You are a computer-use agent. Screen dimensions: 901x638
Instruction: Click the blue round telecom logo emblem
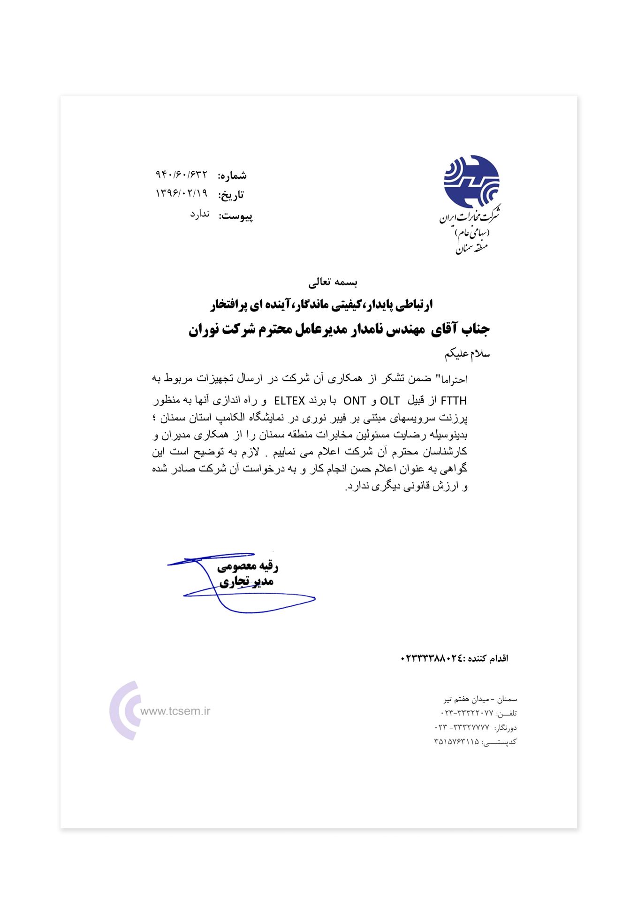point(471,182)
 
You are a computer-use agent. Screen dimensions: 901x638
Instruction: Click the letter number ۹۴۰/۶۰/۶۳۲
point(181,175)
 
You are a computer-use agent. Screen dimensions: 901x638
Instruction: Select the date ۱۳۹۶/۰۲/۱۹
point(181,193)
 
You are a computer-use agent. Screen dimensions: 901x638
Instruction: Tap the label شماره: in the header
point(232,176)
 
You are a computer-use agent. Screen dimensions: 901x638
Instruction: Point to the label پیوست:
point(235,216)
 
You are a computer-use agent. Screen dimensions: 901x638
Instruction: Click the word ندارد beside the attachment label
point(199,214)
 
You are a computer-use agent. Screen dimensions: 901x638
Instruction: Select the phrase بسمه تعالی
point(333,283)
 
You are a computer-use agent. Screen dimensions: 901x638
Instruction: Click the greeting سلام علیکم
point(467,353)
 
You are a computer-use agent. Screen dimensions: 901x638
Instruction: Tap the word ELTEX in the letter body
point(289,401)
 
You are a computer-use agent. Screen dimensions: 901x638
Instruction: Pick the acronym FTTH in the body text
point(454,401)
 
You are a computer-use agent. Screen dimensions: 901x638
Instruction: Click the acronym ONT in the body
point(355,401)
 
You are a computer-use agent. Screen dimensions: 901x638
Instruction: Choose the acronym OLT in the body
point(390,401)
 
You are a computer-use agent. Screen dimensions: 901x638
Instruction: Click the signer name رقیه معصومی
point(248,566)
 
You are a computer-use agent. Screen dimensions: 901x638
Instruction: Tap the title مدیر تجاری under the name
point(247,582)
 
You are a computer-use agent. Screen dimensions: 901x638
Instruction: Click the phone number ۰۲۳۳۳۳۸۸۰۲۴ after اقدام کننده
point(432,658)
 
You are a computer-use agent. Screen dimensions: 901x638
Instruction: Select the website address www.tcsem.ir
point(175,711)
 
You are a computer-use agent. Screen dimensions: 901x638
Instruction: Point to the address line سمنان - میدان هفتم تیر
point(480,699)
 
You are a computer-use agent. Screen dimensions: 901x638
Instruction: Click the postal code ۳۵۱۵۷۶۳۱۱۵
point(456,742)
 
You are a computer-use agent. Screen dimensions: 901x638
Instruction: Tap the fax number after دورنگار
point(462,728)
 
